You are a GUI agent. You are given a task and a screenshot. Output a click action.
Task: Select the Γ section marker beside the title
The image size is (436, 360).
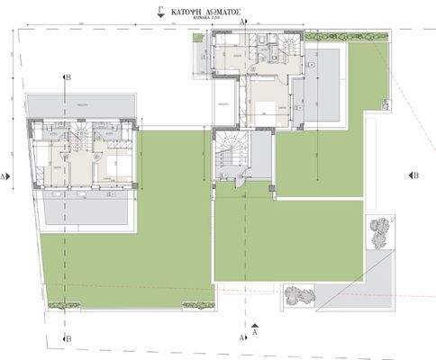[x=159, y=13]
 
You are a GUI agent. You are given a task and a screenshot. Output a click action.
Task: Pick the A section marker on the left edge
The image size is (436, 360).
[x=5, y=177]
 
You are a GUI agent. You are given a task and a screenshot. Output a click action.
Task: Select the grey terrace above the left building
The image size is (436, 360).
[x=81, y=105]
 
